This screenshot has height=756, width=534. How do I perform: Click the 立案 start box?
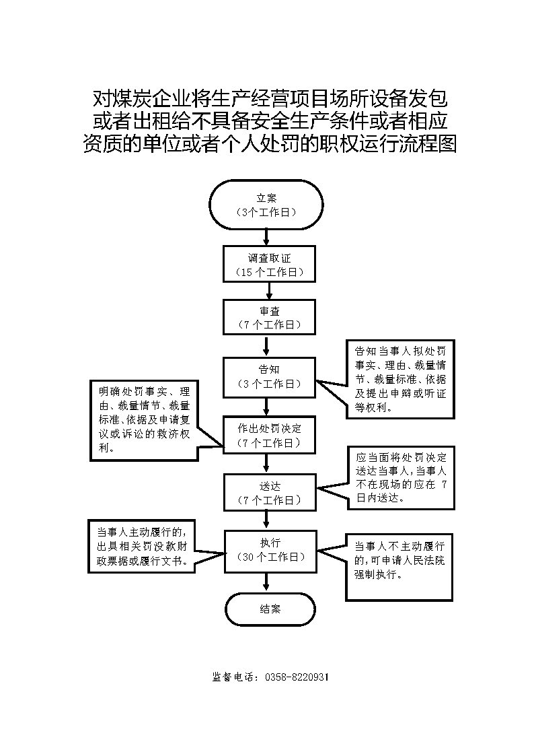tap(266, 205)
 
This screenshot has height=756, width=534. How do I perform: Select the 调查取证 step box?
tap(269, 263)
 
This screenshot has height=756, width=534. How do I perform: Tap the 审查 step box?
tap(269, 317)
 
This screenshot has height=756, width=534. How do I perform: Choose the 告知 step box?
tap(269, 376)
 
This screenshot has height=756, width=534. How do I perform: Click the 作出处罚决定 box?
tap(269, 435)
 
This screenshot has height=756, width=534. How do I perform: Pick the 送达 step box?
tap(269, 493)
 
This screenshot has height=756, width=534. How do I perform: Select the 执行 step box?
tap(269, 550)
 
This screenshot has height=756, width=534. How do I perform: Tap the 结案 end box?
tap(270, 609)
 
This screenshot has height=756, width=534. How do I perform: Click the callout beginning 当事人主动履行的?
tap(142, 545)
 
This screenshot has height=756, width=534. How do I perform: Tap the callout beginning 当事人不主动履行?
tap(399, 567)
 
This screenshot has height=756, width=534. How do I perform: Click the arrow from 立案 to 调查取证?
tap(268, 236)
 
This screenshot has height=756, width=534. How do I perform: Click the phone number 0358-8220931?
tap(297, 677)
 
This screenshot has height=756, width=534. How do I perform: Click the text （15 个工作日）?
tap(270, 272)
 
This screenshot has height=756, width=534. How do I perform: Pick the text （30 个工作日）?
tap(270, 557)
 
